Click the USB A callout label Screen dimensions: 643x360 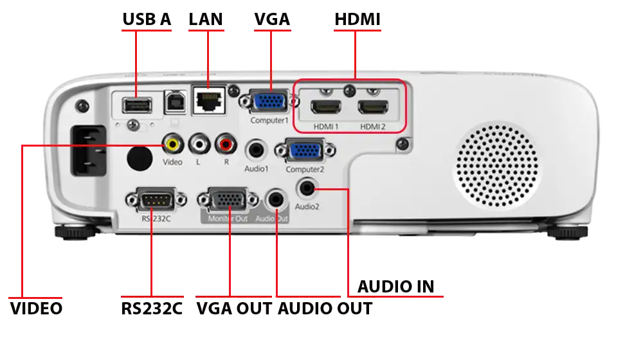click(147, 19)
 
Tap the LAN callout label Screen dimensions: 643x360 click(206, 19)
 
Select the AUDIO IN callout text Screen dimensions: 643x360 click(395, 287)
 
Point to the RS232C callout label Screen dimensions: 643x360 click(152, 309)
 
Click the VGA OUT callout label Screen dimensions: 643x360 click(234, 309)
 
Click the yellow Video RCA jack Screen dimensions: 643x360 click(172, 144)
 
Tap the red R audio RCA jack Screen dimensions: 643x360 click(226, 144)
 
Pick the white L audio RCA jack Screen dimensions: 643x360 click(199, 144)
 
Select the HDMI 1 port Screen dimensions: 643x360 click(326, 107)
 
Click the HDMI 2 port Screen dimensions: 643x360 click(373, 107)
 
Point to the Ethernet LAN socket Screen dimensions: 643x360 click(209, 100)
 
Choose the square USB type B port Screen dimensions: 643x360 click(176, 102)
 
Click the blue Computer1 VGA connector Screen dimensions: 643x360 click(269, 102)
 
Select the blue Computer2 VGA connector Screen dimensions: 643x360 click(305, 150)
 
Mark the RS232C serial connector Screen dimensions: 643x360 click(156, 200)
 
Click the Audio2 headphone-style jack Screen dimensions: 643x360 click(307, 188)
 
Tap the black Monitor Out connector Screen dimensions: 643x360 click(228, 200)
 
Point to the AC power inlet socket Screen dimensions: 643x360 click(89, 150)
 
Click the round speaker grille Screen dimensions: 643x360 click(497, 165)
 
